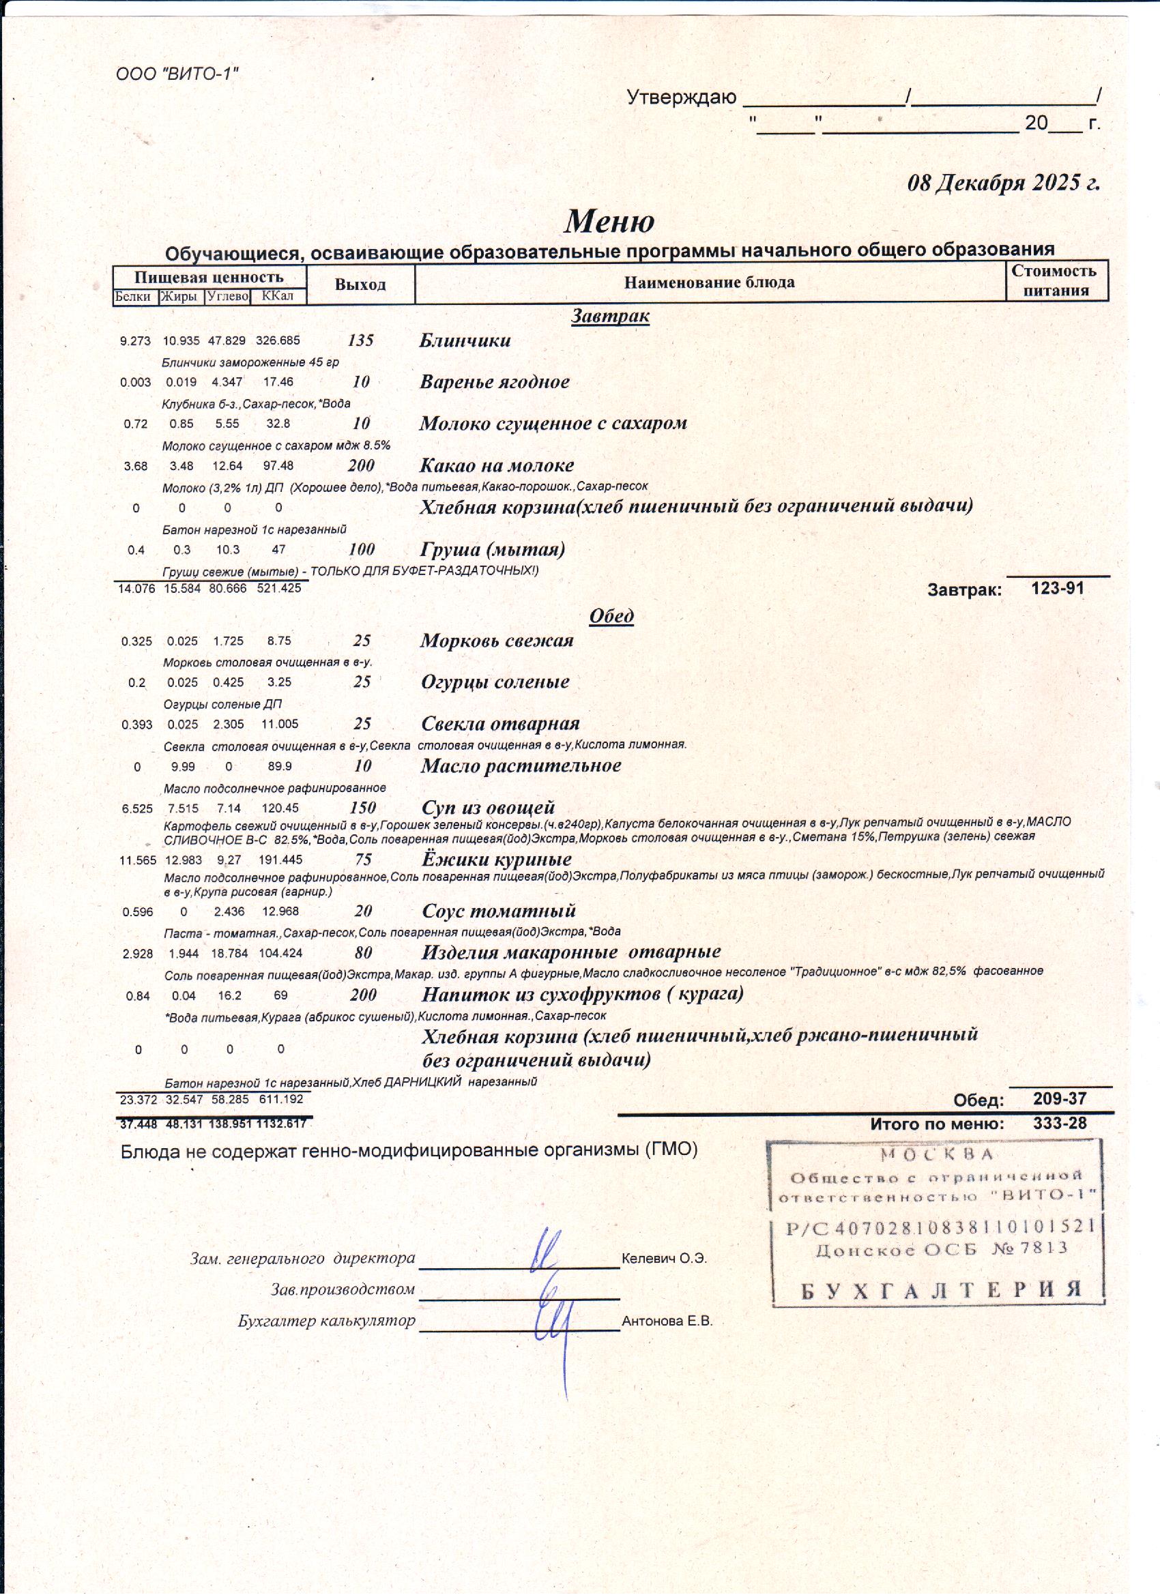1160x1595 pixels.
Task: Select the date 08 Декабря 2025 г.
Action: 1003,183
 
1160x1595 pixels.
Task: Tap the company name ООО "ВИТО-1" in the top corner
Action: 177,74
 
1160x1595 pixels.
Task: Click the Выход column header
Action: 360,284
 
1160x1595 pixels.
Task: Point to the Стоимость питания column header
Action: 1055,280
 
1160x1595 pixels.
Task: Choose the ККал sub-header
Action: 277,296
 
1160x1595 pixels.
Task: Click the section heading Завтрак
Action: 610,316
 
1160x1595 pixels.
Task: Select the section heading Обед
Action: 611,616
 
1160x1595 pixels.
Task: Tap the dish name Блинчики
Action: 465,340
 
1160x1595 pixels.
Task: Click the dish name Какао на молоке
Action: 497,465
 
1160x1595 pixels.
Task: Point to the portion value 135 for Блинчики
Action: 361,340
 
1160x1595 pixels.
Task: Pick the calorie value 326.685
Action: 278,340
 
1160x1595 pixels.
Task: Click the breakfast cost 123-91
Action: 1057,588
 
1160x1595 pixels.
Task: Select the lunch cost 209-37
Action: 1060,1098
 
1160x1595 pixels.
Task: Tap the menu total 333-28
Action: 1060,1123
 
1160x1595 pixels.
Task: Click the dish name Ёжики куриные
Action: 497,860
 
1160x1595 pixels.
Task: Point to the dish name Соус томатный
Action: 499,911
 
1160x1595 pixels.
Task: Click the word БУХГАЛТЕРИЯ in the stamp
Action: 940,1290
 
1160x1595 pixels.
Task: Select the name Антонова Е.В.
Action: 667,1321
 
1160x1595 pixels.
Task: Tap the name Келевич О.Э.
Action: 664,1259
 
